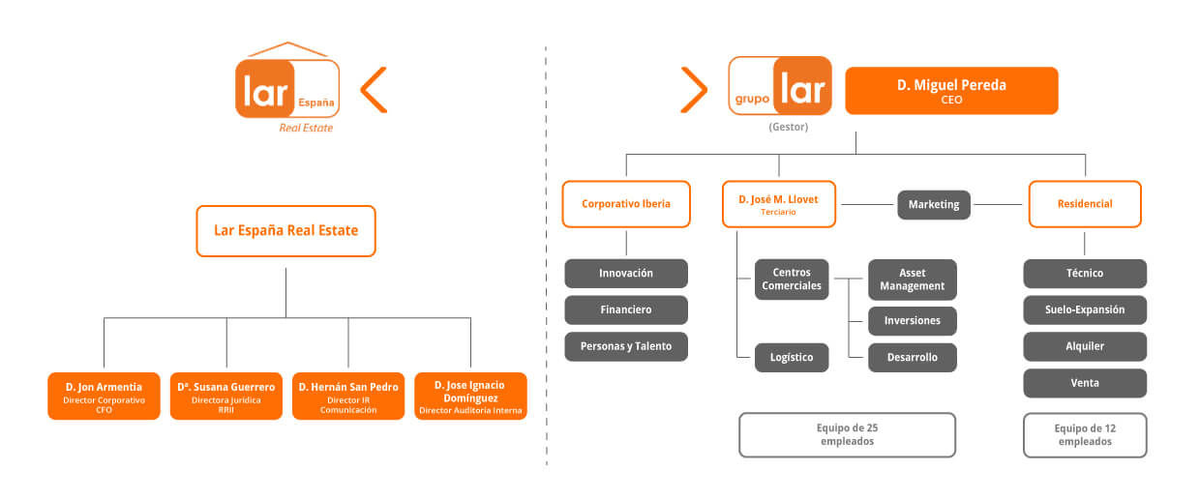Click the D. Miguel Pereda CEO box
[951, 91]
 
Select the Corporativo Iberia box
[626, 204]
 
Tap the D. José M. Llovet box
[778, 204]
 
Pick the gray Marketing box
[934, 204]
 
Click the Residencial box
[1085, 204]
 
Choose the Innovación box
[626, 273]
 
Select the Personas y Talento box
[626, 346]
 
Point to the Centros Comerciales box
[792, 279]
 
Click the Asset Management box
[912, 279]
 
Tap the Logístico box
[792, 357]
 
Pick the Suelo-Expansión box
[1085, 309]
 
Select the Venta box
[1085, 383]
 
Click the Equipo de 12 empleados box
[1085, 434]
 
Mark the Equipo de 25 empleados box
[847, 434]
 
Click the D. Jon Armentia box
[104, 397]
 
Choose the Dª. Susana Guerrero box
[226, 397]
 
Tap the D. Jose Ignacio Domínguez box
[470, 397]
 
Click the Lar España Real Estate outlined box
[286, 231]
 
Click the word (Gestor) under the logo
[788, 127]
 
